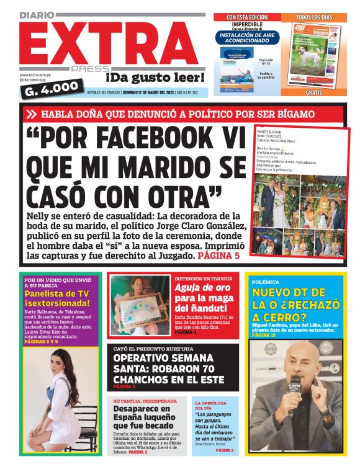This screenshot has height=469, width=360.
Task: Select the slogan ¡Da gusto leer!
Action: pos(155,78)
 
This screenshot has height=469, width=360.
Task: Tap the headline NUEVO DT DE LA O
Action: pos(296,298)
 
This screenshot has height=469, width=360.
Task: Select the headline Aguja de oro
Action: pos(202,288)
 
